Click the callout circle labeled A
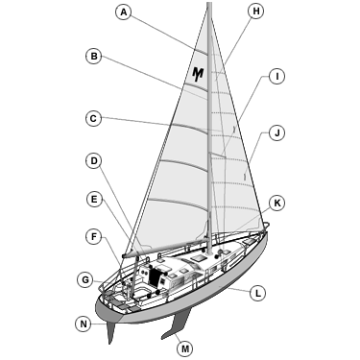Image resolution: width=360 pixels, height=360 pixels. coord(122,12)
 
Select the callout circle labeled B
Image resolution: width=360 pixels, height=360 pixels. coord(93,57)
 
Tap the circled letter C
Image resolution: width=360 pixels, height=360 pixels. coord(93,119)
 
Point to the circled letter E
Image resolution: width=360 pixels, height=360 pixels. coord(93,199)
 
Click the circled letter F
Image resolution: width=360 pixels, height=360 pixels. coord(93,235)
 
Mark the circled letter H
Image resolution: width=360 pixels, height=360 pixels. coord(254,12)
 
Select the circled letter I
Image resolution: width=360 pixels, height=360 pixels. coord(276,76)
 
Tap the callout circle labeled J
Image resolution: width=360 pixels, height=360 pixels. coord(276,132)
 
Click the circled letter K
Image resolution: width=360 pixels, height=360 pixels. coord(276,203)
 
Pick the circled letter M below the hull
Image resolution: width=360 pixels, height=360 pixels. coord(184,348)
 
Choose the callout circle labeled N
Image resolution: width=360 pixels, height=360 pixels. coord(84,324)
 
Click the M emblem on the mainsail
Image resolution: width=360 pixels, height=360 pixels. coord(198,73)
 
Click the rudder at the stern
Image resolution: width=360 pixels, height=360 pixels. coord(112,331)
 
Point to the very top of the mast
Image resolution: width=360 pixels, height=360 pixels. coord(208,4)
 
